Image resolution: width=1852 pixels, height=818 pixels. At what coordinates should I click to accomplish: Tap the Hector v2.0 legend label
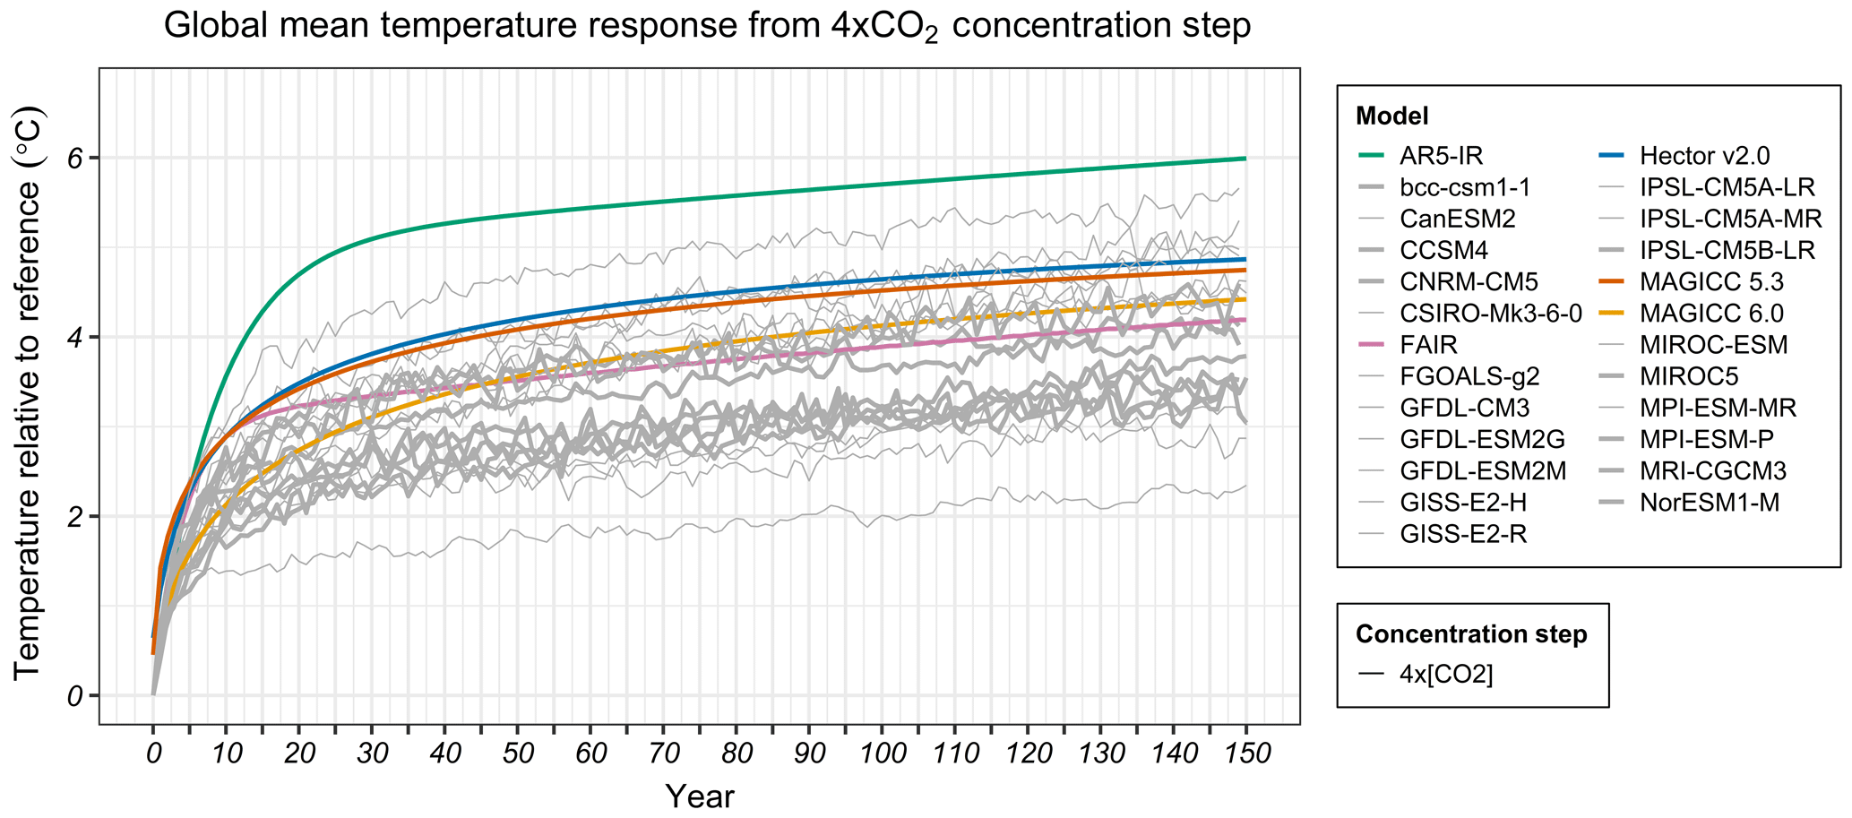coord(1704,156)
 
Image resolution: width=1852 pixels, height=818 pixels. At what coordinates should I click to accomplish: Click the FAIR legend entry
coord(1428,345)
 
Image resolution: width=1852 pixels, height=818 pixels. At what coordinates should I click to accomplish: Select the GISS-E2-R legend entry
coord(1463,534)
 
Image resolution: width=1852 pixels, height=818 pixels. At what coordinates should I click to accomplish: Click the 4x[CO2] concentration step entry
coord(1446,674)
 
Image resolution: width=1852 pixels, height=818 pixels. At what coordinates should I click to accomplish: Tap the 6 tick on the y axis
coord(77,158)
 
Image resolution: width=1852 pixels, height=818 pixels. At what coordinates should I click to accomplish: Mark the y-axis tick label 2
coord(77,517)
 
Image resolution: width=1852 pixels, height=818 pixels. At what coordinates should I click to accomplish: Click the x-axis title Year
coord(699,796)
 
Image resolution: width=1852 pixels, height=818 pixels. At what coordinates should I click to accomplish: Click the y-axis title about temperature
coord(29,394)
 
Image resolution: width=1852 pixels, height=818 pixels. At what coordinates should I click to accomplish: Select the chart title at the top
coord(706,27)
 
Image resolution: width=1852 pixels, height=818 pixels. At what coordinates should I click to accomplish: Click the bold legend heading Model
coord(1391,116)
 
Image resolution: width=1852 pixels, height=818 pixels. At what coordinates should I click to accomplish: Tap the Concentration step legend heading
coord(1471,634)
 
